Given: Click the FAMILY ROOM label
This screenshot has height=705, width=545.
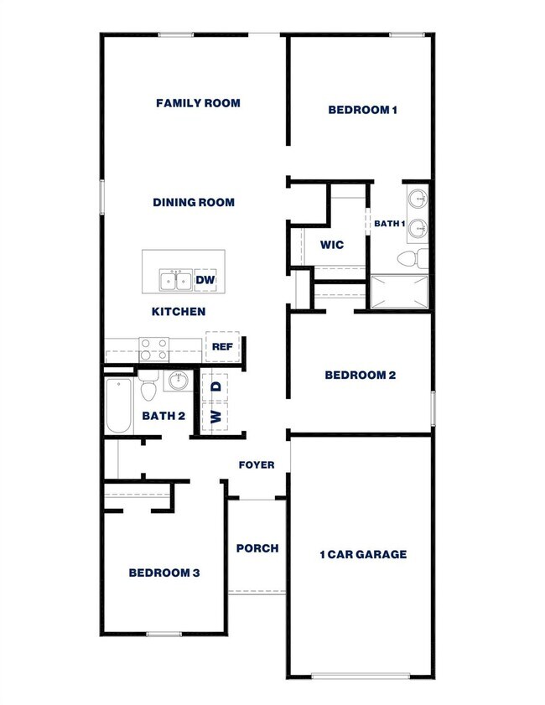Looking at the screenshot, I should pyautogui.click(x=198, y=103).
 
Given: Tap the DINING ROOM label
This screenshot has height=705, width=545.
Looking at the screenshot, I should pyautogui.click(x=194, y=202).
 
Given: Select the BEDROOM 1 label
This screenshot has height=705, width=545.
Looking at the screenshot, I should pyautogui.click(x=362, y=109).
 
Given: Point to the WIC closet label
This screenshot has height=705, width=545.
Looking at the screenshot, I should pyautogui.click(x=332, y=245).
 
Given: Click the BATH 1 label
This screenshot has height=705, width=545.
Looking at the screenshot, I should pyautogui.click(x=389, y=224).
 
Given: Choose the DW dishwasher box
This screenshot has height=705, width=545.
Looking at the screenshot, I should pyautogui.click(x=205, y=280).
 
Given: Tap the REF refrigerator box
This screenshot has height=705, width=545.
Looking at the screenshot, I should pyautogui.click(x=221, y=346).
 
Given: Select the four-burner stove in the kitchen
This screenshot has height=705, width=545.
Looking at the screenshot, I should pyautogui.click(x=153, y=349).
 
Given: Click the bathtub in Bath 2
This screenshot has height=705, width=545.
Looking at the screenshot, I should pyautogui.click(x=119, y=407).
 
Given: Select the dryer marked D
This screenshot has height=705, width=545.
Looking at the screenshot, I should pyautogui.click(x=215, y=386).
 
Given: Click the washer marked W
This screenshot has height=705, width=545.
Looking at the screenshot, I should pyautogui.click(x=215, y=417).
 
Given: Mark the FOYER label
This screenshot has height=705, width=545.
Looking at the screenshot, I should pyautogui.click(x=257, y=464).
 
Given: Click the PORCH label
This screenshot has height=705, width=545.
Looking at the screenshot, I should pyautogui.click(x=257, y=548).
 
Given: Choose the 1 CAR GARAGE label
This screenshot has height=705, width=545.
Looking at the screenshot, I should pyautogui.click(x=363, y=554).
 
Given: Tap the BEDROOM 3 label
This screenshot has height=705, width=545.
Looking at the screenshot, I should pyautogui.click(x=163, y=573).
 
